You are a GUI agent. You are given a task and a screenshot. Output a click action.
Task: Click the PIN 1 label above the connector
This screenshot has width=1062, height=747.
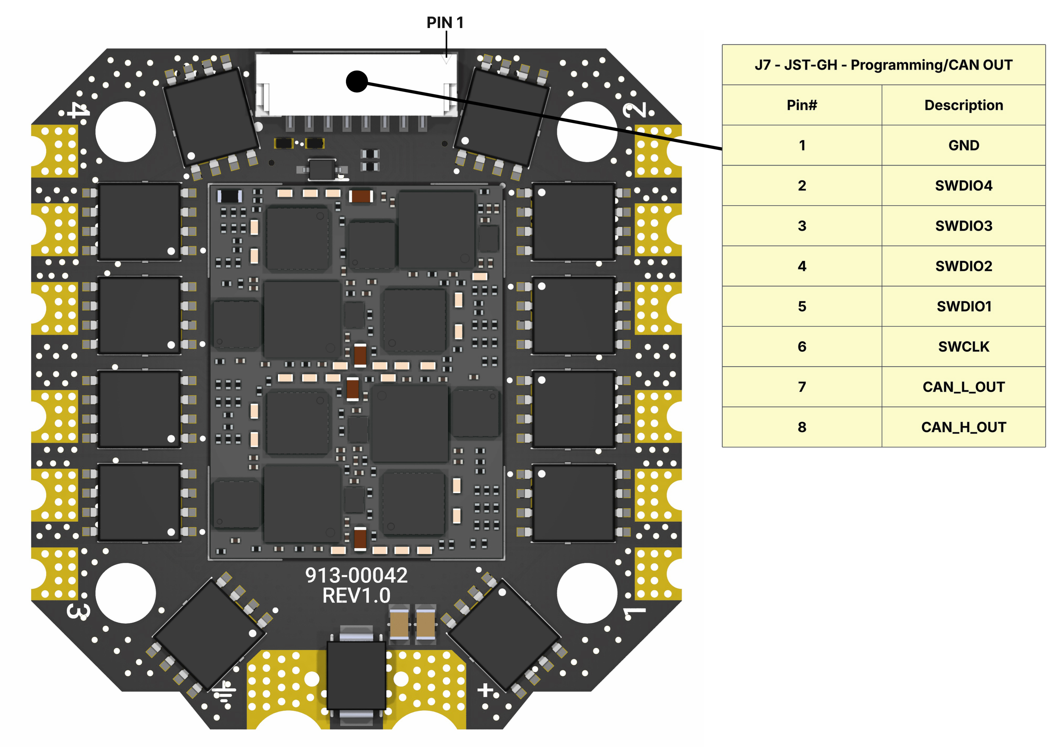(x=445, y=22)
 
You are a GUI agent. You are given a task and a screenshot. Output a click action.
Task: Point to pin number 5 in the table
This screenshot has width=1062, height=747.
(x=802, y=306)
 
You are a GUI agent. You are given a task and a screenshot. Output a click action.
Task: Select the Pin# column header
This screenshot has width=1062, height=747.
(x=802, y=105)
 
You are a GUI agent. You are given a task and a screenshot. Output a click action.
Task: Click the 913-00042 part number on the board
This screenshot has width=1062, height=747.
(x=356, y=575)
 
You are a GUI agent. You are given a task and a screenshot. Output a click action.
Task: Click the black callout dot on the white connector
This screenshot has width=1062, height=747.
(x=357, y=82)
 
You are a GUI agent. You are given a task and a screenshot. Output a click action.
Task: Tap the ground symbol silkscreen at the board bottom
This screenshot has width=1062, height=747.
(x=225, y=692)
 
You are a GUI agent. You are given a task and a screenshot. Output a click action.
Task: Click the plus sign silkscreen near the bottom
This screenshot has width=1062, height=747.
(x=485, y=690)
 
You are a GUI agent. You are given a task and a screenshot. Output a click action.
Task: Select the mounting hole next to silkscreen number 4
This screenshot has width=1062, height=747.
(x=125, y=132)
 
